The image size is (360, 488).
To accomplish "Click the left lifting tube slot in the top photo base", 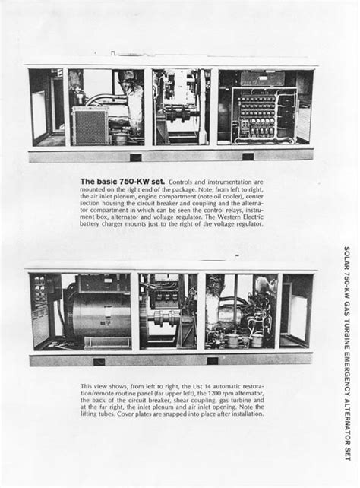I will (135, 157).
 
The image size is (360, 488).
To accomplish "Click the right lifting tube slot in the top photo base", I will (248, 157).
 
